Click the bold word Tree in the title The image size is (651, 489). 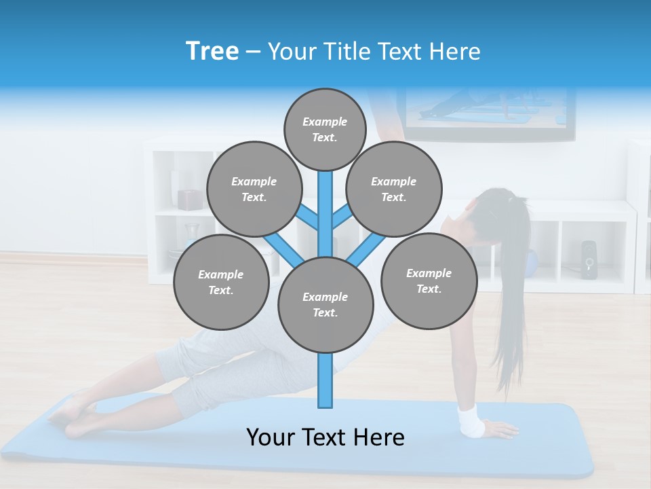212,51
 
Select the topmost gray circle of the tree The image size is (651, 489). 325,129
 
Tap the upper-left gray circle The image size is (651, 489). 254,189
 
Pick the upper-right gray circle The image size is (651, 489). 394,189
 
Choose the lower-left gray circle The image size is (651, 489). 221,282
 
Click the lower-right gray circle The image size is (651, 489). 429,280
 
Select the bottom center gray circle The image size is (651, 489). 325,305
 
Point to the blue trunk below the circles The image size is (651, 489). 325,380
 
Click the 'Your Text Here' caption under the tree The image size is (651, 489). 325,437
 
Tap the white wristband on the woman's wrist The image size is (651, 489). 471,420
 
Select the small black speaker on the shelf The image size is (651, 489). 588,259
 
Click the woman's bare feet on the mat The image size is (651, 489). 71,416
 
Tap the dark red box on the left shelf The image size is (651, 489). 190,199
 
